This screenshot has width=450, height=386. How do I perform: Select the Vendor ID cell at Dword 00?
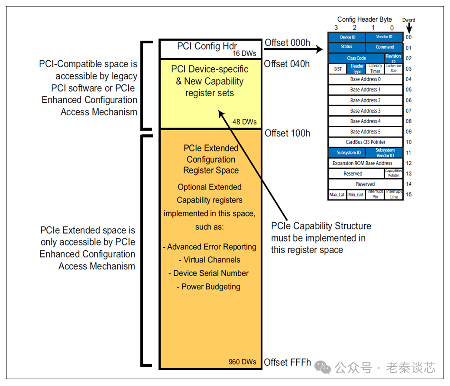(x=384, y=37)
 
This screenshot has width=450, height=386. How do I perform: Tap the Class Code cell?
(x=356, y=58)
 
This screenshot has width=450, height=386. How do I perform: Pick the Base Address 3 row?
(x=365, y=111)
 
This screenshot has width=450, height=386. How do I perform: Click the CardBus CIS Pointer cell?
(x=365, y=142)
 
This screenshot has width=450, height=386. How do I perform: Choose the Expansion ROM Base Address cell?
(x=362, y=163)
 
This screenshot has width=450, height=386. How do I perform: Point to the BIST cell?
(x=337, y=69)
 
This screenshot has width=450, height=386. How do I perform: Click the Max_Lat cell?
(x=337, y=195)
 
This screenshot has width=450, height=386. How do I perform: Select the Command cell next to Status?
(x=385, y=47)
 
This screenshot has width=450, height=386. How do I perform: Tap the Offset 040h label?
(x=287, y=64)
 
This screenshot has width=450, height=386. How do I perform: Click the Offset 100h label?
(x=287, y=133)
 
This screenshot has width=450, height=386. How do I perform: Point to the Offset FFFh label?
(x=287, y=362)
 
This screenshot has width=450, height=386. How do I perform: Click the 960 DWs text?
(x=243, y=362)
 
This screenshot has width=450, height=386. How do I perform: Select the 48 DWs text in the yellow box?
(x=244, y=122)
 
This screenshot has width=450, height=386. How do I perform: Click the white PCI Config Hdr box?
(x=210, y=49)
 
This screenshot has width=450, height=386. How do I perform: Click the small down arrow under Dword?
(x=409, y=27)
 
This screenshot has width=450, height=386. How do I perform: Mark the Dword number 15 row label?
(x=409, y=194)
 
